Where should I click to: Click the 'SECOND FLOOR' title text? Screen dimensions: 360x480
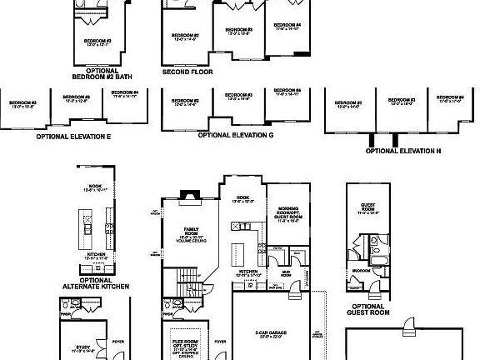[x=187, y=72]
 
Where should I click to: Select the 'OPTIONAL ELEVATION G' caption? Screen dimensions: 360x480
[x=236, y=134]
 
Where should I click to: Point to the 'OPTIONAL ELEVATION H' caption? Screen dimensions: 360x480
[x=403, y=151]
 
